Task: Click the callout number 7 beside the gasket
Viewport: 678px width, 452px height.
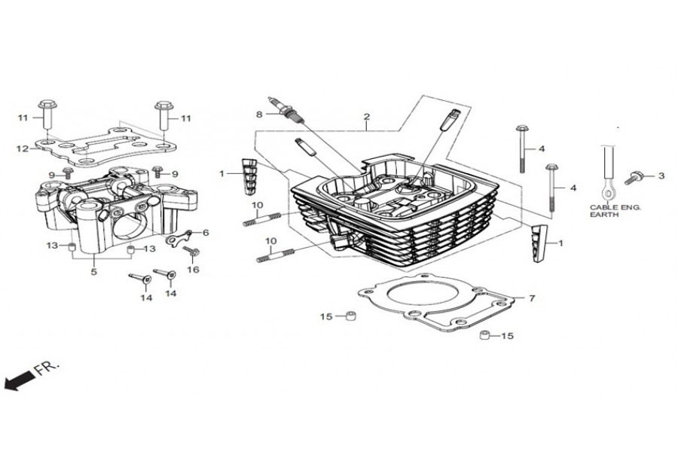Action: click(531, 299)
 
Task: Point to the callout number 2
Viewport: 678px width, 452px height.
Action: click(366, 117)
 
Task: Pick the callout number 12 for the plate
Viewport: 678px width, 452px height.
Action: click(23, 148)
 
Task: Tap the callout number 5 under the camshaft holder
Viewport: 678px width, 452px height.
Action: click(93, 273)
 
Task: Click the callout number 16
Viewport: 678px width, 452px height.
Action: click(193, 269)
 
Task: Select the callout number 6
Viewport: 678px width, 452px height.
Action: click(205, 233)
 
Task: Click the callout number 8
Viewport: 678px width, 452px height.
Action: click(258, 115)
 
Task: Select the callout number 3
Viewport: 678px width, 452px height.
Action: click(661, 177)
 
